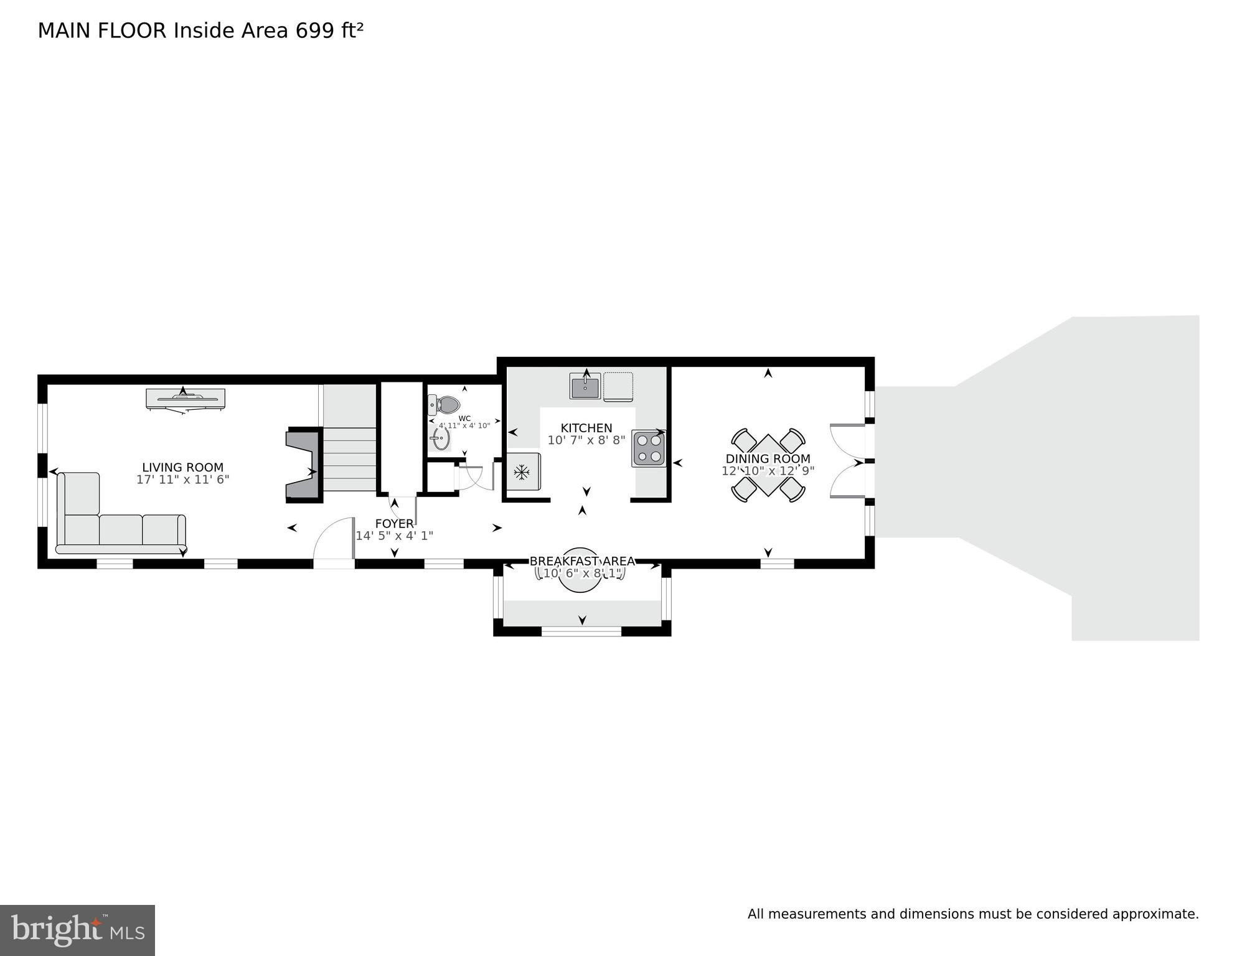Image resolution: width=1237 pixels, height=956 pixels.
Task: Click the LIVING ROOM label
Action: click(182, 467)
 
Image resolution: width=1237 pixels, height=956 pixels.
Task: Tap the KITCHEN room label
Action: click(586, 428)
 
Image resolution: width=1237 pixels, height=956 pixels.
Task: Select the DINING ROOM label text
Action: click(768, 459)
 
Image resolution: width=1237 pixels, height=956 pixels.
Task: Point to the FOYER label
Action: click(394, 524)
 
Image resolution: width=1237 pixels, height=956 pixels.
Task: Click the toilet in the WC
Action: click(444, 405)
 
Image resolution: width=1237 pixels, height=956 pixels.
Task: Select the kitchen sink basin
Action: click(585, 386)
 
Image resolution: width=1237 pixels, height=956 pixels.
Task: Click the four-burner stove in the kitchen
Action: click(649, 448)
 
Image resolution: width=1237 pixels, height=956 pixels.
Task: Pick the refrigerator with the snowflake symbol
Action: click(522, 472)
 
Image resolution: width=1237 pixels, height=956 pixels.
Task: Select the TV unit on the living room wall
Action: click(185, 399)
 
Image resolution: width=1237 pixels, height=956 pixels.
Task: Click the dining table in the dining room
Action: click(768, 464)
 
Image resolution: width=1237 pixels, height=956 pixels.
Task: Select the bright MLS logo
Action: click(77, 930)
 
